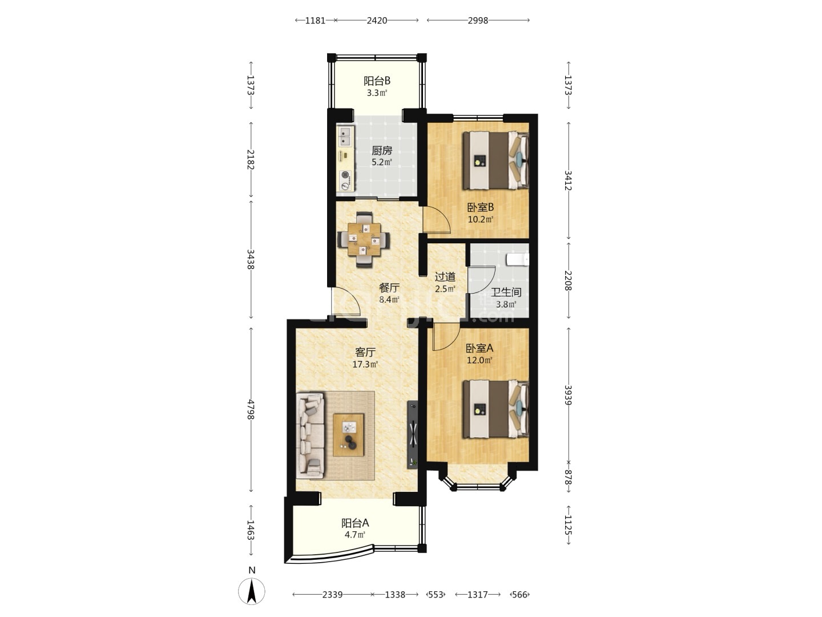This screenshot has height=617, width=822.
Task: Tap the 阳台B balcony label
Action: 377,81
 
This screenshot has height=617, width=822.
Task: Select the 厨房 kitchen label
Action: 382,151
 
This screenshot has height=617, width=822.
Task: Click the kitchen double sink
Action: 83,136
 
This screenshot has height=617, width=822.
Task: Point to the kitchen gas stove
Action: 83,180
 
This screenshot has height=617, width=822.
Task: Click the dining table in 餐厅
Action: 364,239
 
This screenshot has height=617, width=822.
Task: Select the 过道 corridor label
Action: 445,277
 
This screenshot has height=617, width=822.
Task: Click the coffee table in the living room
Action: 348,435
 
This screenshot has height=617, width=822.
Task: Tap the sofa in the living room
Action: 310,435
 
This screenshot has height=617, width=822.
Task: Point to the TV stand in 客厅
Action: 412,435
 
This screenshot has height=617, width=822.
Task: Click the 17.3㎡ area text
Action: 365,364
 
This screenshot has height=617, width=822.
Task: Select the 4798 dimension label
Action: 251,410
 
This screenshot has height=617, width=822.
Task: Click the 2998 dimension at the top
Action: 478,21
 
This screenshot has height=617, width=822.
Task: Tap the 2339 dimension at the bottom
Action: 332,595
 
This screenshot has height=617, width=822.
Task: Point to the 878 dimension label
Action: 568,477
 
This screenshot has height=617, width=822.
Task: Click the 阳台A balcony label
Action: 355,523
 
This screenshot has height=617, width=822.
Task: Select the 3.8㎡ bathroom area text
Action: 506,304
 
